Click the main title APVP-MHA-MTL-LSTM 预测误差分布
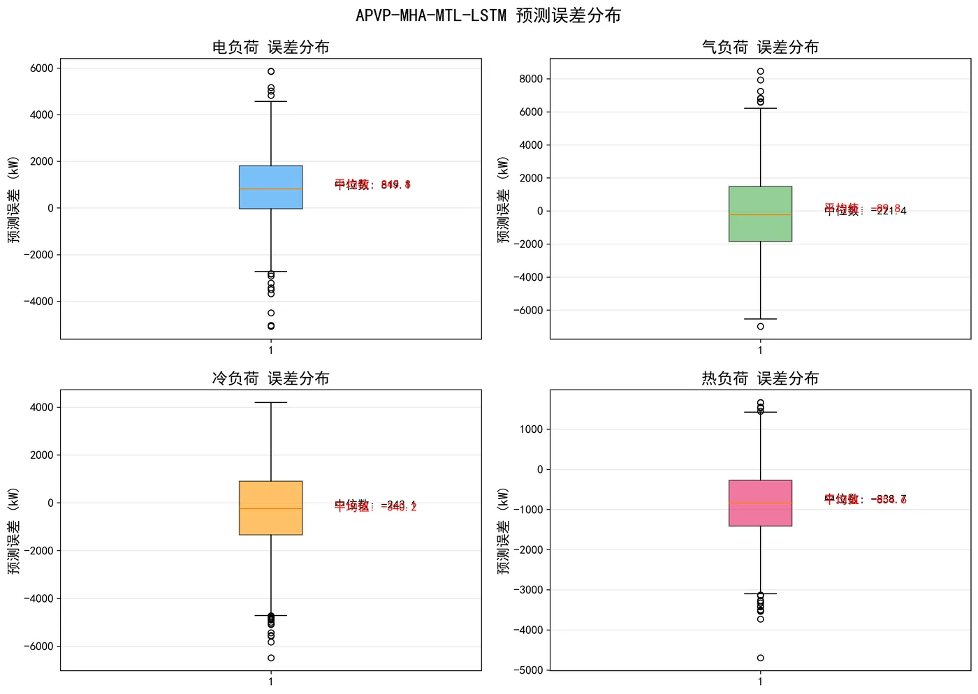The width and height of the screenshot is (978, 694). [488, 15]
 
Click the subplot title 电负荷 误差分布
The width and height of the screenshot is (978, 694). [270, 47]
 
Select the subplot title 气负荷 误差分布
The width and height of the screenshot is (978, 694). [760, 47]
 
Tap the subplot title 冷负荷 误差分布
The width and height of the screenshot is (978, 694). [270, 378]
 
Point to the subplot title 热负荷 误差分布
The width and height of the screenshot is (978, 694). [760, 378]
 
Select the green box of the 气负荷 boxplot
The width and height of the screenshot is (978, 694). [760, 230]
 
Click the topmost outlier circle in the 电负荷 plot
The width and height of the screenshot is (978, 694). [271, 71]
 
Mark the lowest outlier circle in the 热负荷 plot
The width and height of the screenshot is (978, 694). [761, 658]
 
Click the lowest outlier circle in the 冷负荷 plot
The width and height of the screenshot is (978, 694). [271, 658]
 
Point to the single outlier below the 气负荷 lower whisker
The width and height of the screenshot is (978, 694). [761, 326]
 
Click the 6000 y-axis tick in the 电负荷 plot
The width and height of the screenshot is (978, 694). [42, 68]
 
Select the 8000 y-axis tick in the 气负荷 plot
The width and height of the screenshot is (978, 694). [531, 79]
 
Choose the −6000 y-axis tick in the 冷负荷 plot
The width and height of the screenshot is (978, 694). [39, 647]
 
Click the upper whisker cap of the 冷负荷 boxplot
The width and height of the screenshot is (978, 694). [271, 403]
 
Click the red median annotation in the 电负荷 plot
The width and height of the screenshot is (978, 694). [372, 184]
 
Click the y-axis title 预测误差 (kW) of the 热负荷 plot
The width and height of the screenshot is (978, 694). [504, 531]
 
